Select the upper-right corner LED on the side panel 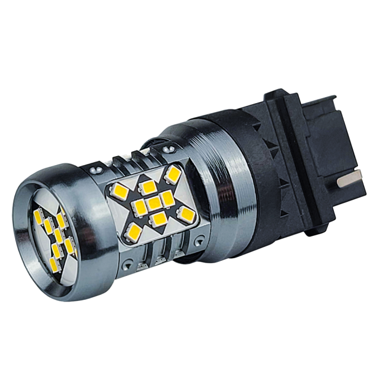tap(174, 174)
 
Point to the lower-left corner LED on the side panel tap(132, 233)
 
